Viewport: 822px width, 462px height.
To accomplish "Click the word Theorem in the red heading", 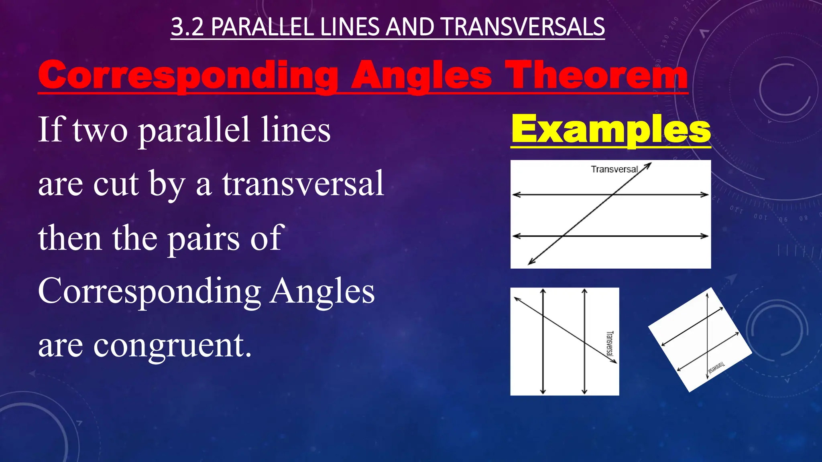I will [x=596, y=75].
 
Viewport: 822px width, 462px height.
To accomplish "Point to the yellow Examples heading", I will [x=610, y=129].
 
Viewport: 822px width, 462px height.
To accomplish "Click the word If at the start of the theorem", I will [x=51, y=129].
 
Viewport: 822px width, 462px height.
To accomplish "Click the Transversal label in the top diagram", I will [x=614, y=169].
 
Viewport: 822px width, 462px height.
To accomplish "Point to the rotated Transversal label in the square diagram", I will [x=609, y=343].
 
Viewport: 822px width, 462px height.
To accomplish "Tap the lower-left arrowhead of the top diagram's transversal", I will [x=531, y=262].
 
